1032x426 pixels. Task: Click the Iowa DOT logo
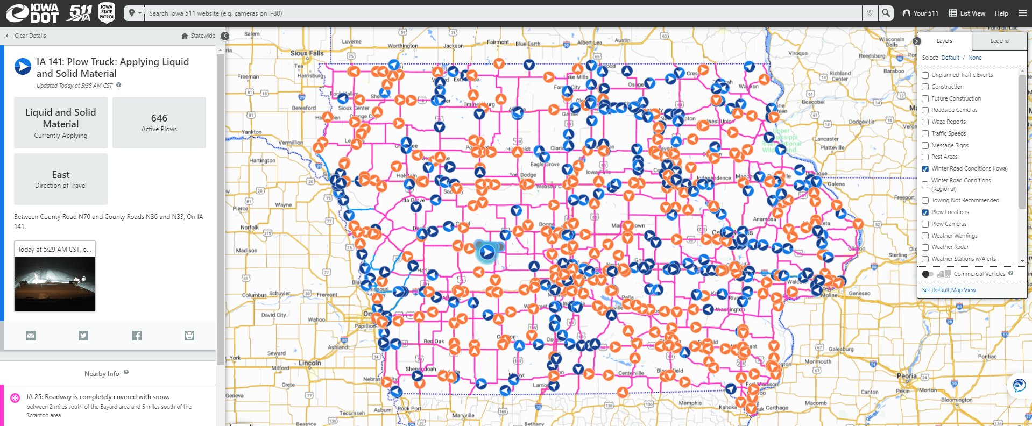(32, 13)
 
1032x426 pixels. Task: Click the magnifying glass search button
(886, 13)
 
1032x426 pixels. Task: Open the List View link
(967, 13)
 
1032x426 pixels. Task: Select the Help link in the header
(1001, 13)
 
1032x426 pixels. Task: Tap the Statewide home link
(199, 35)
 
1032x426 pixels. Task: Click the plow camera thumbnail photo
(55, 283)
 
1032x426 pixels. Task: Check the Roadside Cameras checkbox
(925, 110)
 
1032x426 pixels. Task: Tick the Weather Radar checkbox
(925, 247)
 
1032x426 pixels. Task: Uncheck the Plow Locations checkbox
(925, 212)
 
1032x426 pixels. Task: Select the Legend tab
(999, 41)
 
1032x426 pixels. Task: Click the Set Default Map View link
(949, 290)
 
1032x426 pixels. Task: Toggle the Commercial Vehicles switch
(928, 274)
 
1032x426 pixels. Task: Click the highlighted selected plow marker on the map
(487, 252)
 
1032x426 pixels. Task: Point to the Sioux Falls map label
(307, 53)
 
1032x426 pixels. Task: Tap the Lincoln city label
(310, 363)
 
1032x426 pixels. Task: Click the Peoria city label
(907, 376)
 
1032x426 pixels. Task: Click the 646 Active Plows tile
(159, 123)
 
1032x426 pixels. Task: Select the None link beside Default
(975, 58)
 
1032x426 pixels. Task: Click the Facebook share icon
(137, 336)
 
